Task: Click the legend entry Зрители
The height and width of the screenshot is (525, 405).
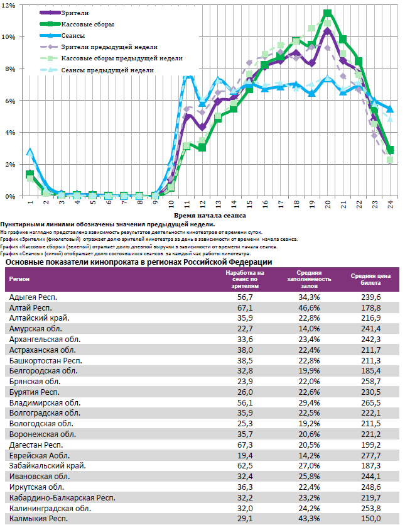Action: [75, 13]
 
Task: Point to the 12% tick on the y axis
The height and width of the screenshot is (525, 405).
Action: [8, 4]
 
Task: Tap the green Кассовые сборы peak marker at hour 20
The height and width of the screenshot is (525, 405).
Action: [328, 13]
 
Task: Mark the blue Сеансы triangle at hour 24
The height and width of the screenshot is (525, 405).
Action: [390, 109]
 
